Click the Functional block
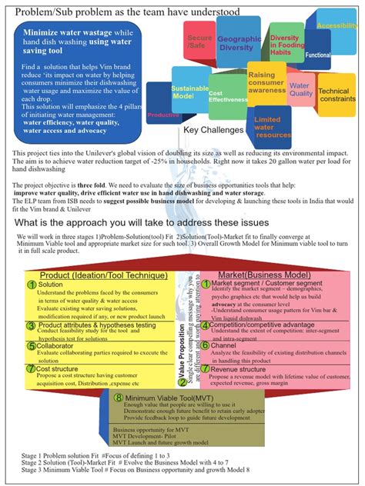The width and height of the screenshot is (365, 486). (x=318, y=55)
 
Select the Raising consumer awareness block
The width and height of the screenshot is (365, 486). (x=266, y=82)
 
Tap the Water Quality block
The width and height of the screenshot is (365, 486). (x=300, y=91)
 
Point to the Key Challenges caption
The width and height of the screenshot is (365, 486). (x=213, y=130)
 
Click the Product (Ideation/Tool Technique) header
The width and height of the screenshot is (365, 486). (x=95, y=274)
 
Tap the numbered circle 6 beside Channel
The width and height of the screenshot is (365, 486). (x=206, y=347)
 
